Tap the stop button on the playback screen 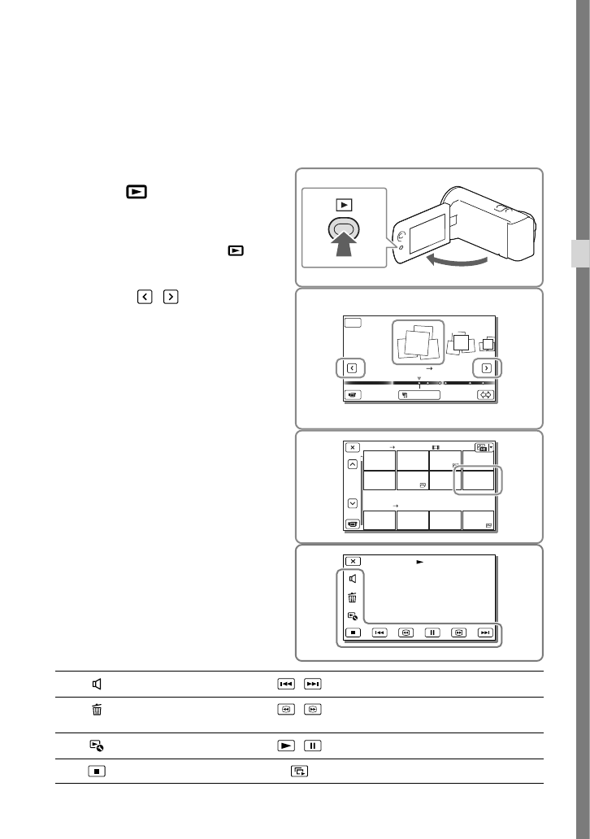coord(352,632)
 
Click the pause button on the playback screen coord(432,632)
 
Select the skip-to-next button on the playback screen coord(485,632)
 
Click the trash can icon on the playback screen coord(352,598)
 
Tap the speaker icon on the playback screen coord(352,579)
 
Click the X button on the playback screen coord(352,561)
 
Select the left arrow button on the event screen coord(351,367)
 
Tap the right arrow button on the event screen coord(487,367)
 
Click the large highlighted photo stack coord(419,341)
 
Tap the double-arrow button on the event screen coord(486,394)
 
